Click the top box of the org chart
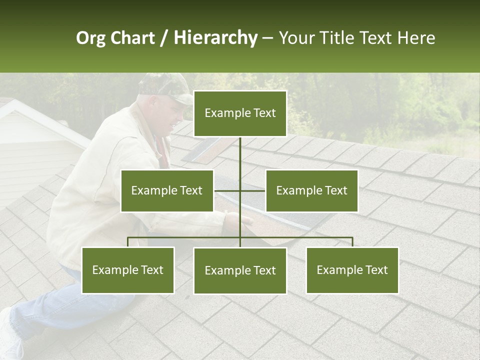240,113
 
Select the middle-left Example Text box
167,190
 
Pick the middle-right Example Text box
311,190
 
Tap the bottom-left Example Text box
128,270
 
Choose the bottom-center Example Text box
240,270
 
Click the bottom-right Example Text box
352,270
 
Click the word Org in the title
90,38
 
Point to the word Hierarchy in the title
215,38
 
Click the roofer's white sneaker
10,335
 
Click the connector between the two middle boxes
240,190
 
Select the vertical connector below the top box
240,152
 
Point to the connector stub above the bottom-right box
352,242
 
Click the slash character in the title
164,38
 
